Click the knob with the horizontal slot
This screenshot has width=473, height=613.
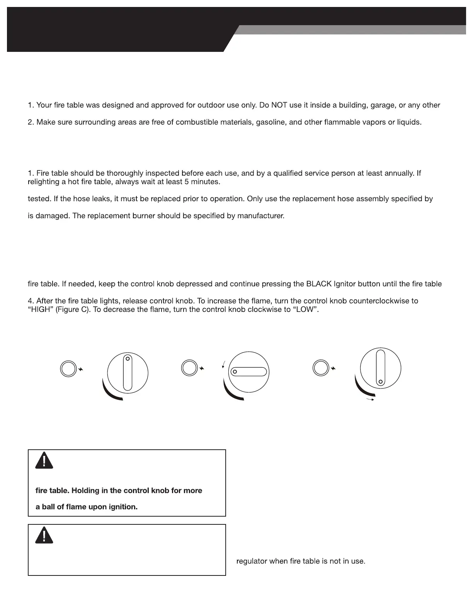[x=249, y=372]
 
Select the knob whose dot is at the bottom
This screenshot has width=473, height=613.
[x=381, y=368]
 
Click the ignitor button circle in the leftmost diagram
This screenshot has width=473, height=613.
[x=68, y=369]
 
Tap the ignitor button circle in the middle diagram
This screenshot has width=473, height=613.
[x=189, y=368]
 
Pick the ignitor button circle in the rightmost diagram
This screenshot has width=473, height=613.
[x=320, y=368]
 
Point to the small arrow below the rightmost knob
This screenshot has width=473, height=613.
[x=370, y=399]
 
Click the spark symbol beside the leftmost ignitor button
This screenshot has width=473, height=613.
[x=81, y=370]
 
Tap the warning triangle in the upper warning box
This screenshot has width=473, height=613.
[x=44, y=461]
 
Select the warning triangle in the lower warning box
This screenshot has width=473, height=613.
[x=44, y=535]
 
